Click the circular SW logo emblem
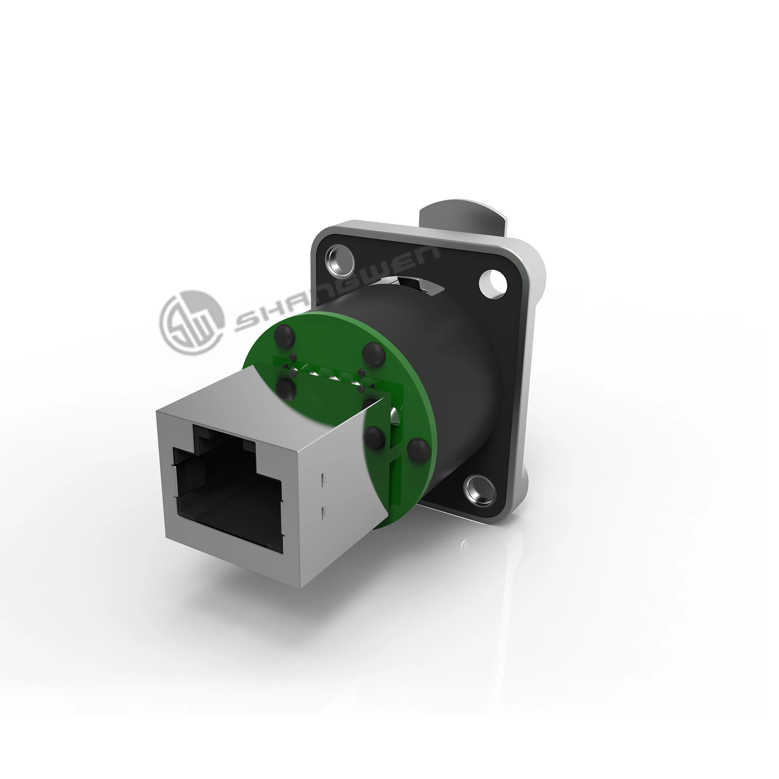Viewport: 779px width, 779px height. (x=192, y=323)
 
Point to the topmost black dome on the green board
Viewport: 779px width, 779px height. (x=284, y=334)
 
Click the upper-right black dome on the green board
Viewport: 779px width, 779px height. (x=373, y=352)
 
